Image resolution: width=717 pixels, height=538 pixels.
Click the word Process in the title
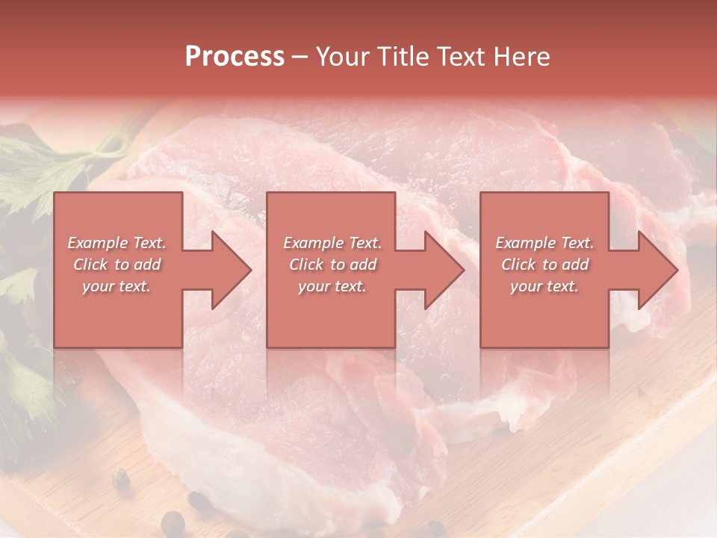[x=235, y=57]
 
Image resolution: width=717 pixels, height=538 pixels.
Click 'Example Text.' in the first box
[x=117, y=243]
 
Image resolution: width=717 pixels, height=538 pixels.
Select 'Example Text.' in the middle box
[x=332, y=243]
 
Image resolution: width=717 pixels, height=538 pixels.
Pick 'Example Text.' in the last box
[x=544, y=243]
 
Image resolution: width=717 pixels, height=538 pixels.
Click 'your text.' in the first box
[x=117, y=286]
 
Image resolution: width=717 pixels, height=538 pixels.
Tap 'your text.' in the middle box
[x=332, y=286]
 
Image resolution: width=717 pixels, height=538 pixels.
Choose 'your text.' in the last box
[x=544, y=286]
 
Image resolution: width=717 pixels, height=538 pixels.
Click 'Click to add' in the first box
[x=117, y=265]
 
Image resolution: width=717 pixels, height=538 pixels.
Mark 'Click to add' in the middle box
[x=332, y=265]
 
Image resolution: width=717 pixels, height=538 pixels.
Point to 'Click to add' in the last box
[x=545, y=265]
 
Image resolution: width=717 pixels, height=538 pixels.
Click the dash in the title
[x=299, y=57]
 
